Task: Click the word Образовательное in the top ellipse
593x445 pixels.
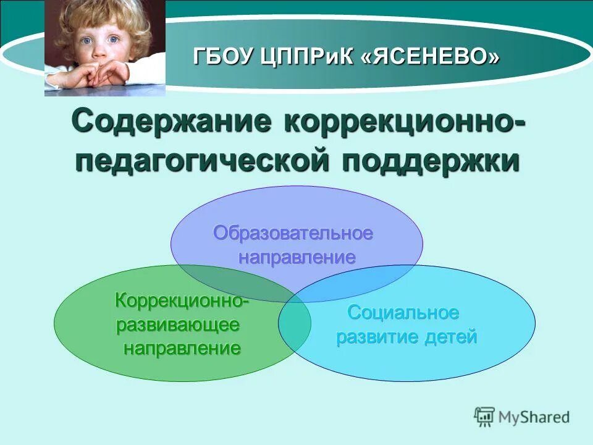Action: tap(293, 233)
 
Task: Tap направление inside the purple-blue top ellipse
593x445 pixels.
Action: tap(296, 257)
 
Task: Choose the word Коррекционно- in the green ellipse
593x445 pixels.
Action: tap(182, 301)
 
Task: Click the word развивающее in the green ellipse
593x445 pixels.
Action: tap(178, 325)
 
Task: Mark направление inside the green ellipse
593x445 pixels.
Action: tap(182, 349)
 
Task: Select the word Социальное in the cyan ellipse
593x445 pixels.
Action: tap(403, 313)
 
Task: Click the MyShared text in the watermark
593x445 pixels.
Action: tap(534, 417)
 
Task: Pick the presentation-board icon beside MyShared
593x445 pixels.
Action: tap(485, 417)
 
